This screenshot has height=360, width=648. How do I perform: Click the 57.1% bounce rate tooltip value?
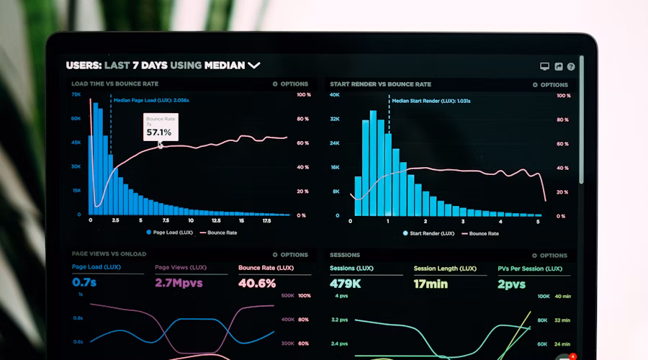pyautogui.click(x=159, y=132)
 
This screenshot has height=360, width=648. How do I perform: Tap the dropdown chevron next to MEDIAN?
pyautogui.click(x=253, y=66)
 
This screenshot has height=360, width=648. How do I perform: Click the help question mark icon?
pyautogui.click(x=571, y=66)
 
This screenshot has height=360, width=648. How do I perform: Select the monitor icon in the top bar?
pyautogui.click(x=544, y=66)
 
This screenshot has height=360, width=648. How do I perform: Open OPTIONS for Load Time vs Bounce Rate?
pyautogui.click(x=290, y=84)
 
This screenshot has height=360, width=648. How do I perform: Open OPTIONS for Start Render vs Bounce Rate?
pyautogui.click(x=550, y=85)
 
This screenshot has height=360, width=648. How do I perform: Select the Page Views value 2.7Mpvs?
pyautogui.click(x=179, y=283)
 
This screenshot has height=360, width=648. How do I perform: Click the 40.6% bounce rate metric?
pyautogui.click(x=257, y=283)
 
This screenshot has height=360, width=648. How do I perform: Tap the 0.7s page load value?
pyautogui.click(x=84, y=283)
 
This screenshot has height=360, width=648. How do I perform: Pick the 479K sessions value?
pyautogui.click(x=345, y=284)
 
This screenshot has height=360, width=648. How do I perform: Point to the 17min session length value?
pyautogui.click(x=430, y=284)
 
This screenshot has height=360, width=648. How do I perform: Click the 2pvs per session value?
pyautogui.click(x=512, y=284)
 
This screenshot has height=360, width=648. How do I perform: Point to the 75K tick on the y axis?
pyautogui.click(x=76, y=94)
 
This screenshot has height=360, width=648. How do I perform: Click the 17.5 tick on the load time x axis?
pyautogui.click(x=266, y=221)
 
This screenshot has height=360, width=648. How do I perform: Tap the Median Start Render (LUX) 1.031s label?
pyautogui.click(x=431, y=101)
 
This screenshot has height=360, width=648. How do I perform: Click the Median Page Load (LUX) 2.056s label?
pyautogui.click(x=150, y=101)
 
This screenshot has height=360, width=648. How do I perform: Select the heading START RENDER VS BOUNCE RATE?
pyautogui.click(x=380, y=84)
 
